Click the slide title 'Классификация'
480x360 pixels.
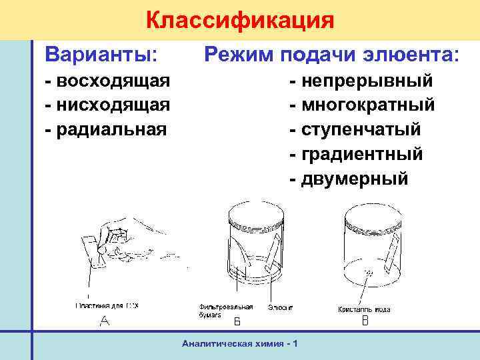239,20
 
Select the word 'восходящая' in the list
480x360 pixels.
113,81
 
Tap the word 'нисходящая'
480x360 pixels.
114,105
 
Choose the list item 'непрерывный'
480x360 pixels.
367,81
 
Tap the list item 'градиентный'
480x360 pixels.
363,154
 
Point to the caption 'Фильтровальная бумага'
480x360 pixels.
225,310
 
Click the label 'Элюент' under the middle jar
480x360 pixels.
281,307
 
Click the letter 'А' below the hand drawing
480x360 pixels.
104,323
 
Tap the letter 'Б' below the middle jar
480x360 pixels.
237,323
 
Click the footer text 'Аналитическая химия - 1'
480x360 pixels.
239,343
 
